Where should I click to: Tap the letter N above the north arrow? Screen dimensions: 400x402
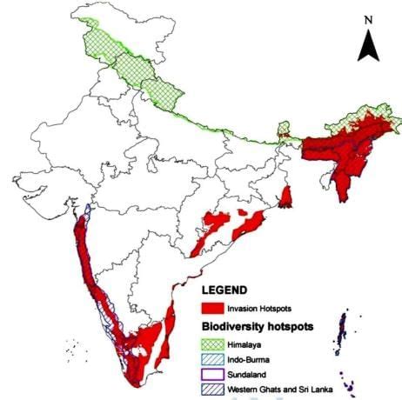[x=369, y=18]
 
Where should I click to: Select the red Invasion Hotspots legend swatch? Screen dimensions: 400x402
[x=210, y=309]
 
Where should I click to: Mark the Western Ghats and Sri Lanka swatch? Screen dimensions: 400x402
[x=210, y=389]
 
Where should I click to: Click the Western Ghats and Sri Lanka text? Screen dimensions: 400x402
[x=278, y=389]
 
